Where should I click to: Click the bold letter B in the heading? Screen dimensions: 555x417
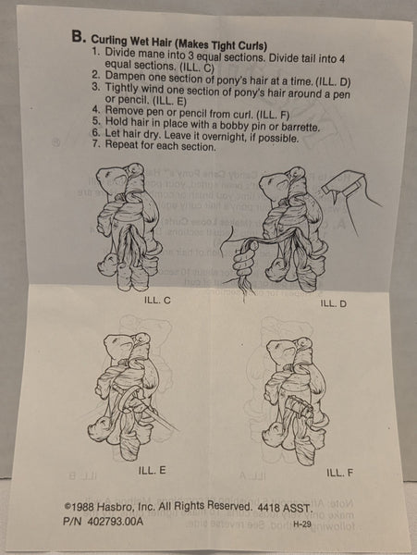click(79, 38)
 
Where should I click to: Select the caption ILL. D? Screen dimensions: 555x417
click(332, 302)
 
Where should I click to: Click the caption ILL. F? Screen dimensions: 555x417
click(338, 472)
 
